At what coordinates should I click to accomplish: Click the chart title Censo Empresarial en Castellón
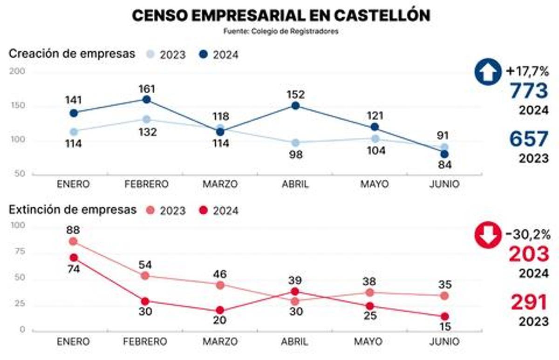(x=281, y=15)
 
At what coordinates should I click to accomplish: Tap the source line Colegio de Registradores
(x=280, y=32)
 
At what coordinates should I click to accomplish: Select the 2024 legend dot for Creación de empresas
(x=203, y=54)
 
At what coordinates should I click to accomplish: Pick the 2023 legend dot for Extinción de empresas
(x=150, y=211)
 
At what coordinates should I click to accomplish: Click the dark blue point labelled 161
(x=146, y=100)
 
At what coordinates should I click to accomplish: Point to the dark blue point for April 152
(x=295, y=106)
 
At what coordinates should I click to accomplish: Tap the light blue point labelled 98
(x=295, y=143)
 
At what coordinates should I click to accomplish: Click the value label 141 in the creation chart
(x=73, y=100)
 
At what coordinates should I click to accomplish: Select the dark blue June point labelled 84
(x=444, y=154)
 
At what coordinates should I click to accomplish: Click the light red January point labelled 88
(x=73, y=241)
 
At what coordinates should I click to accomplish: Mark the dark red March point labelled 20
(x=220, y=311)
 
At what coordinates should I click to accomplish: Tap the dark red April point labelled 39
(x=295, y=292)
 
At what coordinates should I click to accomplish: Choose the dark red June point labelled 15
(x=444, y=317)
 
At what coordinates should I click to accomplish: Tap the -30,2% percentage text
(x=527, y=234)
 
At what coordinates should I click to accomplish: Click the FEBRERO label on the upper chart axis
(x=146, y=184)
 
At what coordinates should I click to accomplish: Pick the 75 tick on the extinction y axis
(x=21, y=252)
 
